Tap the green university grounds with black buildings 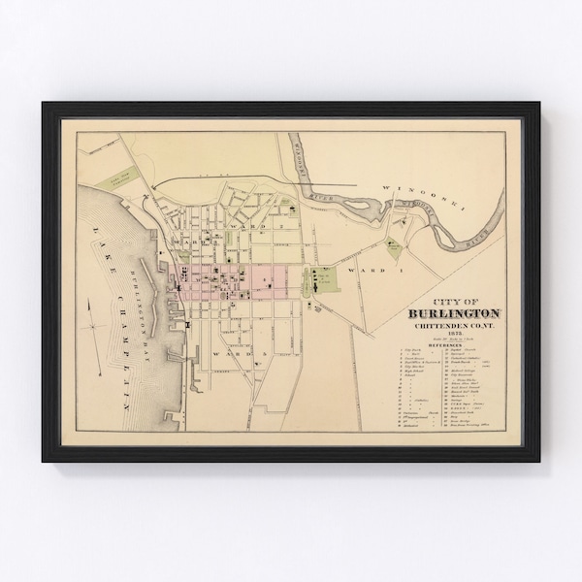pos(321,282)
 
